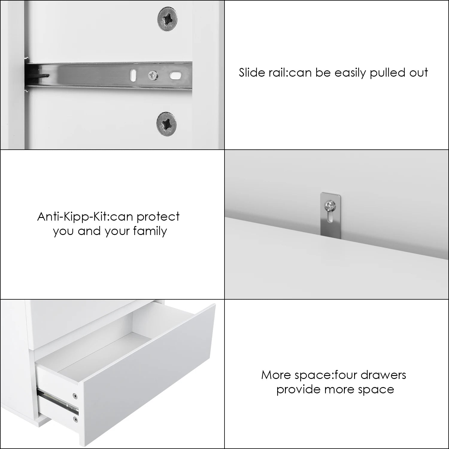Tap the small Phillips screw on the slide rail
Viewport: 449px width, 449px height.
click(153, 75)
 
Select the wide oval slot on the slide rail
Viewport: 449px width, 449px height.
click(175, 75)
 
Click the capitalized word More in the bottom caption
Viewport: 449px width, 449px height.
click(274, 375)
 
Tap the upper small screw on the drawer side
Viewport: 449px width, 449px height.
click(75, 396)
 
